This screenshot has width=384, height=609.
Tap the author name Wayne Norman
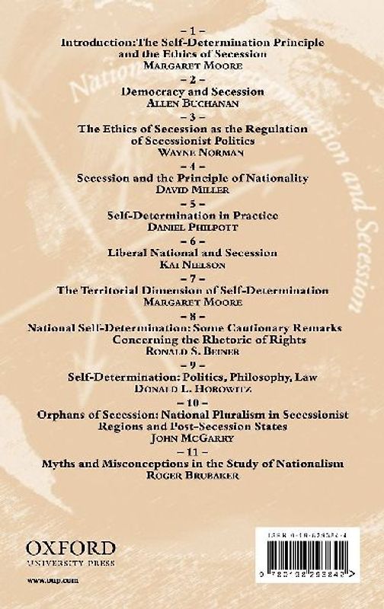[x=192, y=151]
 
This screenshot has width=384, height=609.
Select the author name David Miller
[x=192, y=188]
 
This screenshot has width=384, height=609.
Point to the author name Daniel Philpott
[x=192, y=226]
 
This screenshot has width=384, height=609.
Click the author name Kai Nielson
[x=192, y=263]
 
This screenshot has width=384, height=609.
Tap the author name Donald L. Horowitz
[x=192, y=387]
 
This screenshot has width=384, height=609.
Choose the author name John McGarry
[x=192, y=437]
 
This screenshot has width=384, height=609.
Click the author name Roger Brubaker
[x=192, y=474]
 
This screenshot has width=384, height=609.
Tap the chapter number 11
[x=192, y=451]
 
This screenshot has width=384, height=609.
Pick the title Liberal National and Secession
[x=192, y=252]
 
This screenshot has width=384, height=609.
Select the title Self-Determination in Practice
[x=192, y=215]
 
